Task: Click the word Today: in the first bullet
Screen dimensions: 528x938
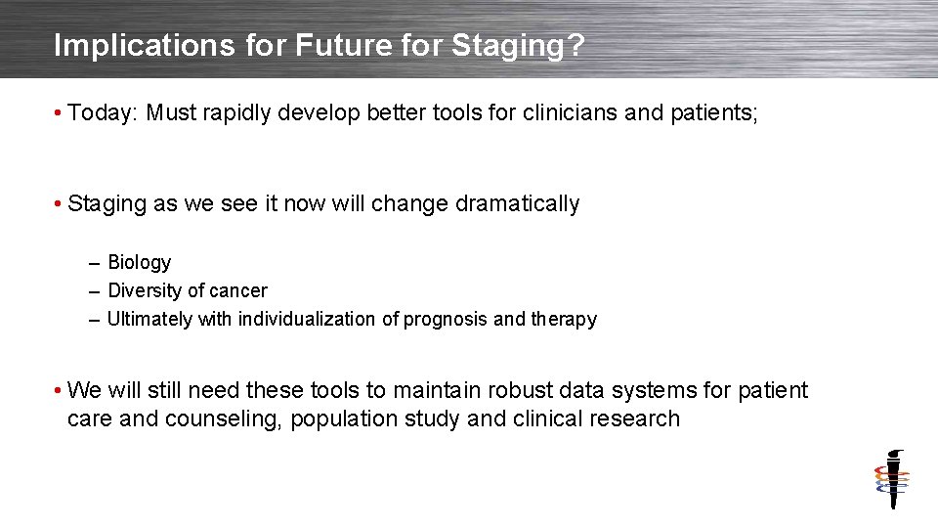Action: pos(104,113)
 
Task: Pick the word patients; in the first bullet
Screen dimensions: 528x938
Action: pos(712,113)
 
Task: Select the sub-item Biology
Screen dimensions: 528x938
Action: pos(139,262)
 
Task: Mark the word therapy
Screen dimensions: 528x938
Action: pos(563,319)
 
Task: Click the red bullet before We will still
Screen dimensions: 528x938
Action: pos(60,391)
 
